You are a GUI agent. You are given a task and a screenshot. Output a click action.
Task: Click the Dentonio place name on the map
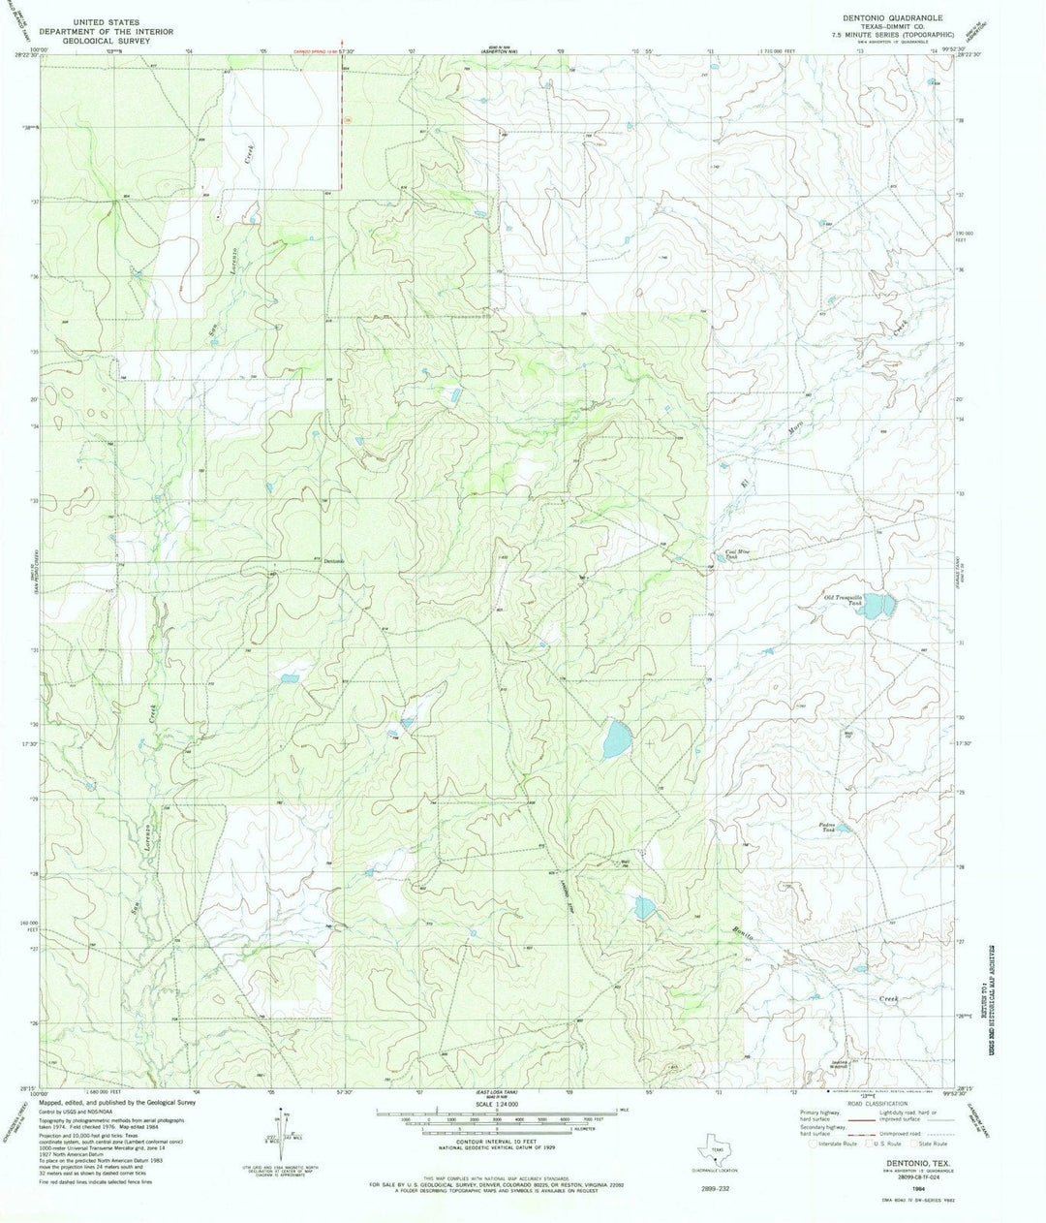coord(333,562)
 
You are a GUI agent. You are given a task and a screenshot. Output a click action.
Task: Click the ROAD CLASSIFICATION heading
coord(872,1104)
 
